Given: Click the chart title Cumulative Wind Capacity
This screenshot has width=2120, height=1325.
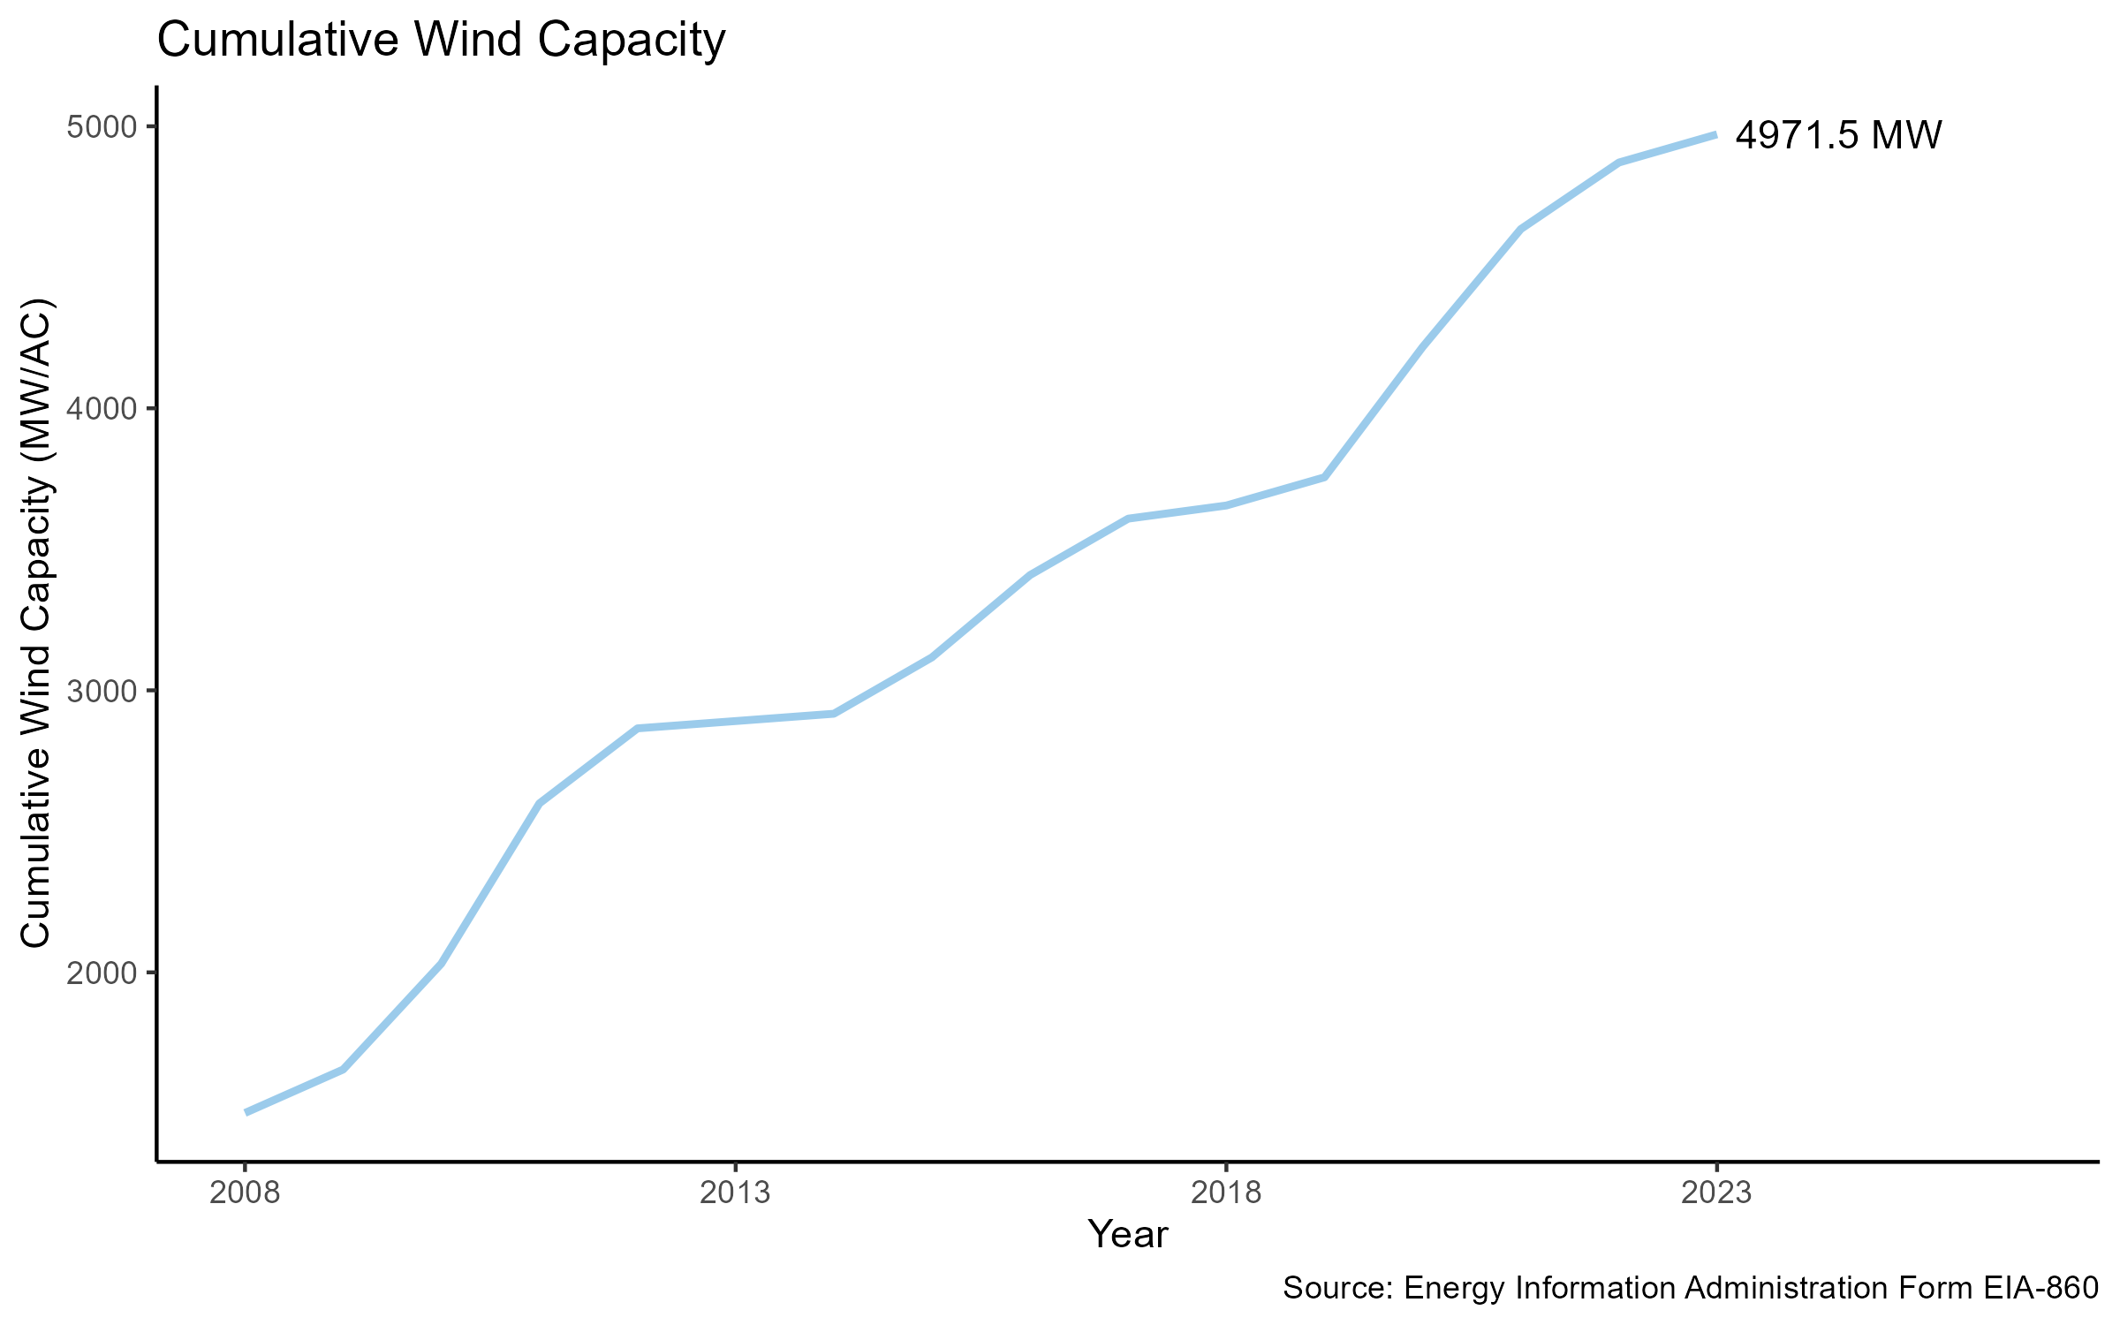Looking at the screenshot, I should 441,41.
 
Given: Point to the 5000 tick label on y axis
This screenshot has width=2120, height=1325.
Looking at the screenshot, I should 102,127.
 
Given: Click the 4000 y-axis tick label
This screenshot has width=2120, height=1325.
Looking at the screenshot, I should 102,409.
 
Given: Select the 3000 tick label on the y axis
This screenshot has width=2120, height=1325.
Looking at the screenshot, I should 102,691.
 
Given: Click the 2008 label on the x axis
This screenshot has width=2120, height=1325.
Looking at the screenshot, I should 245,1193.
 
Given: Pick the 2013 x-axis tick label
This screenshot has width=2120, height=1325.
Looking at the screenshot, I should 735,1193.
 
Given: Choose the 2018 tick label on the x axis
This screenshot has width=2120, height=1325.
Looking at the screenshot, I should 1226,1193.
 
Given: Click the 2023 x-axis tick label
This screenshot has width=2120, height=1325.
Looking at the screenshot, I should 1716,1193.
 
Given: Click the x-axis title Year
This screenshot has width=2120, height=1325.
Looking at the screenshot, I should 1127,1235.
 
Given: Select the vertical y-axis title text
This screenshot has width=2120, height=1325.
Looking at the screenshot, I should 37,624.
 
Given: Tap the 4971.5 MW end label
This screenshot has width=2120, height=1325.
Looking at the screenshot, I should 1838,136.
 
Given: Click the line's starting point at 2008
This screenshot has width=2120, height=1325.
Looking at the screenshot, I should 246,1112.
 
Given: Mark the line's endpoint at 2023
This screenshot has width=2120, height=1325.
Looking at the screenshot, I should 1715,134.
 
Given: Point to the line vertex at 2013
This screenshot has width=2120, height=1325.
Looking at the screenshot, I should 735,722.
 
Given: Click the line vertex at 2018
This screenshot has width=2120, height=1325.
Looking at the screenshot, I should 1226,506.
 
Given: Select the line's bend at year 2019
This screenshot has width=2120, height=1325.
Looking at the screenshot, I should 1323,477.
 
